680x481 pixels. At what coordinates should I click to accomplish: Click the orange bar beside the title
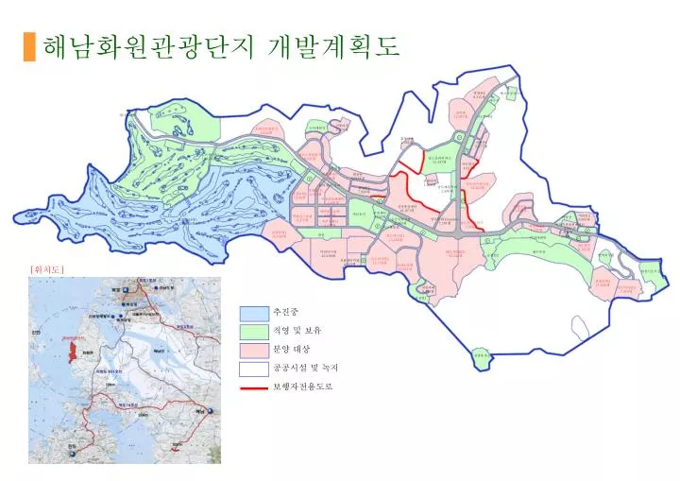coord(28,46)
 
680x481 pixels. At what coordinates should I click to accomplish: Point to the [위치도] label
coord(46,269)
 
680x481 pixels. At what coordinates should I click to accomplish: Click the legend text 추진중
coord(284,313)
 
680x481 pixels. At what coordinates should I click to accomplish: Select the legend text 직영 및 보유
coord(297,331)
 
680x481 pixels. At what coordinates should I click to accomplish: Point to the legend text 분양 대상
coord(291,350)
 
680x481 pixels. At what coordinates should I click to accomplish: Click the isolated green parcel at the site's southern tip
coord(482,356)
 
